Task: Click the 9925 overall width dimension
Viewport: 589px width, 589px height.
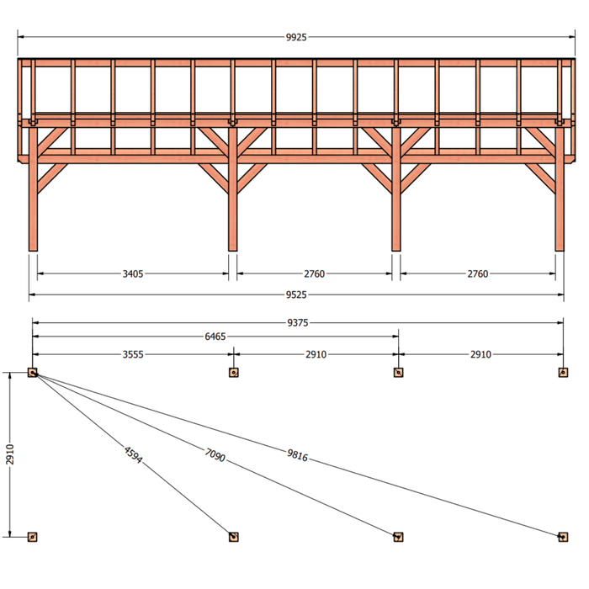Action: [x=296, y=37]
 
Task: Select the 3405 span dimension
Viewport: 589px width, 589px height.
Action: [x=133, y=273]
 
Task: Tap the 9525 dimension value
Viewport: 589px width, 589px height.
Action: [x=296, y=294]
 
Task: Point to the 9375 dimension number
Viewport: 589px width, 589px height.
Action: [x=298, y=322]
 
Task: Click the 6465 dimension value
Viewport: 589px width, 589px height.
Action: [x=215, y=337]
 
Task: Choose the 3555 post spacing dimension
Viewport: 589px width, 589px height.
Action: [x=133, y=354]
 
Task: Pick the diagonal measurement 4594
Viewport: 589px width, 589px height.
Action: [x=133, y=455]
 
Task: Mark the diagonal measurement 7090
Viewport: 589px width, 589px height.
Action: [x=215, y=455]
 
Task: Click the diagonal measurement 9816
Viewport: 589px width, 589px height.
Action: [x=298, y=455]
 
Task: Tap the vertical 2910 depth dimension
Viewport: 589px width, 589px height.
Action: [x=10, y=454]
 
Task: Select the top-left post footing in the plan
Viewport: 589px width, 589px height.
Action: [x=33, y=373]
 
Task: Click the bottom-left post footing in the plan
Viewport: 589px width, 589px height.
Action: [x=33, y=537]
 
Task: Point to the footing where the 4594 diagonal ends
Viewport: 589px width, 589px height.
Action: [x=234, y=537]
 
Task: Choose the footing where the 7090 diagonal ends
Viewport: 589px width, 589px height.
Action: [x=398, y=537]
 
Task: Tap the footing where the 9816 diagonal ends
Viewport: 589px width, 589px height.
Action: [x=563, y=537]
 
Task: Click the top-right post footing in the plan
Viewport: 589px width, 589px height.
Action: [x=563, y=373]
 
